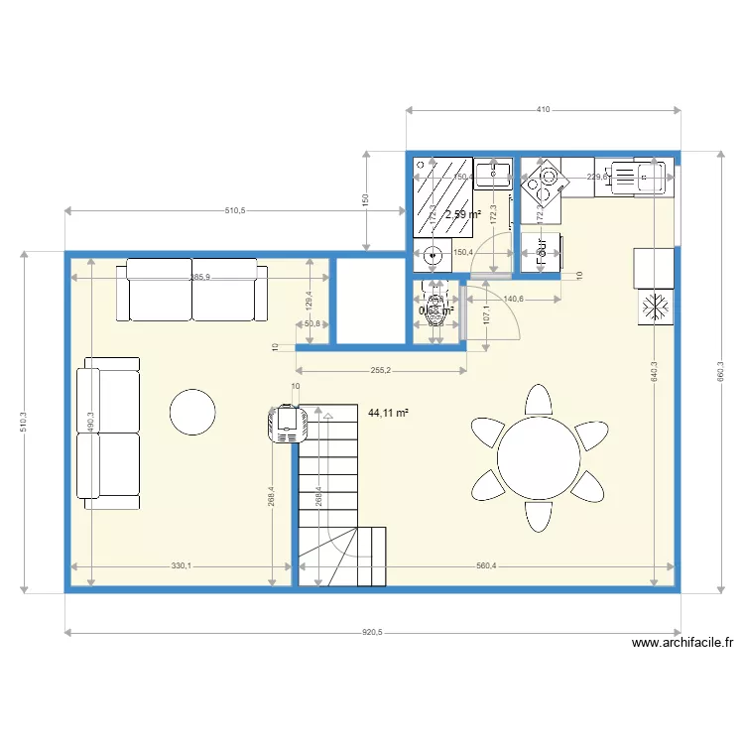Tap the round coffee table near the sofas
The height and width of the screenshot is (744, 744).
(x=192, y=412)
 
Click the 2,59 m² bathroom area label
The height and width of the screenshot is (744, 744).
(x=462, y=214)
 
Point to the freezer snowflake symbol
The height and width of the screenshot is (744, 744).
(x=654, y=307)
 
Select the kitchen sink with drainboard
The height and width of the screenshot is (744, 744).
(x=640, y=178)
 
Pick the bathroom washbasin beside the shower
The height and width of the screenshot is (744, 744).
(x=493, y=176)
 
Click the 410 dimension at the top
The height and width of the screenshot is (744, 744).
(x=544, y=110)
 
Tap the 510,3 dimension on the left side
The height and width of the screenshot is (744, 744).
(x=25, y=423)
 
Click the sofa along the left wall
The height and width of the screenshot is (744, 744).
(x=109, y=433)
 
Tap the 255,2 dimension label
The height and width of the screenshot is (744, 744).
(x=381, y=371)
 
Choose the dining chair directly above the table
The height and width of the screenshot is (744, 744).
(x=539, y=401)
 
